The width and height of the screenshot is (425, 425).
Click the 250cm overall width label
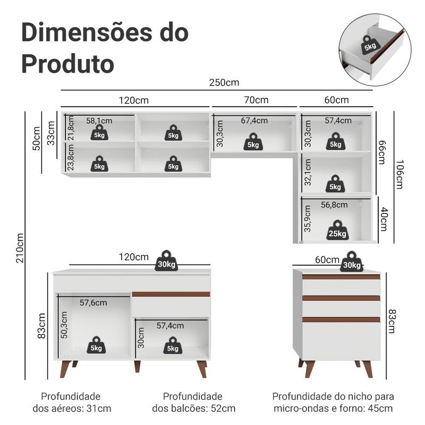224,82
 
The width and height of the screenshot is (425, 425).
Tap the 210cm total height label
20,248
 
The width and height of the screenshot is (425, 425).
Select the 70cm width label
256,100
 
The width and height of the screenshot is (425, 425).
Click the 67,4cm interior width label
254,121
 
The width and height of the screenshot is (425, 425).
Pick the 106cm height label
399,175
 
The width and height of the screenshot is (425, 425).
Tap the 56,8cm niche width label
334,205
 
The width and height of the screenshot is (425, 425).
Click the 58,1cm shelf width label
99,121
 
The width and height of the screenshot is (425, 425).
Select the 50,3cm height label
64,325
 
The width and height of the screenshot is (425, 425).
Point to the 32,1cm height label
308,172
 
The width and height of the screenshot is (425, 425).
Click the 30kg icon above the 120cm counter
166,261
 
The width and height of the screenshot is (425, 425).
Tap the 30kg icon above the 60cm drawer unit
352,261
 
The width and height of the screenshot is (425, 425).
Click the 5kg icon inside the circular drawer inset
370,45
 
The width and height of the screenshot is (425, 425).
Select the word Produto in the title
68,64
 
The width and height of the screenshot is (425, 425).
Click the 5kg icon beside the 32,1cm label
335,184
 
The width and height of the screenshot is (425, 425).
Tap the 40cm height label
384,219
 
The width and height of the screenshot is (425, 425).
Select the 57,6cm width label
93,302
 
